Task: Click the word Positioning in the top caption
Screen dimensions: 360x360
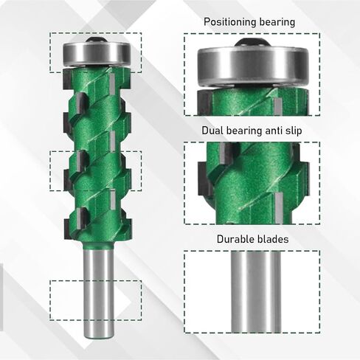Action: [231, 22]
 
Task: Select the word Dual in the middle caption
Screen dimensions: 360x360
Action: [214, 131]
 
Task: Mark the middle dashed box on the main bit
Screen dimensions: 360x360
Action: [94, 172]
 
